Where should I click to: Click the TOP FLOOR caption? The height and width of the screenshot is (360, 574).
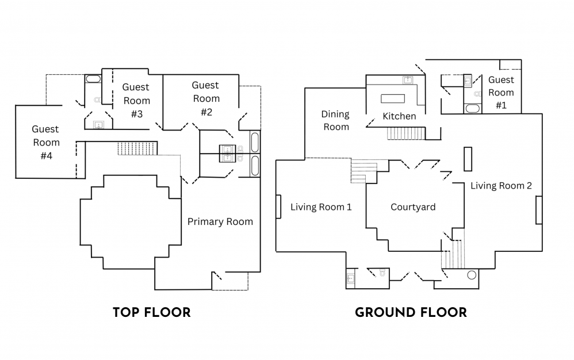click(x=151, y=312)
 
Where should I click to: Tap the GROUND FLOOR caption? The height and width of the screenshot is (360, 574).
click(x=411, y=312)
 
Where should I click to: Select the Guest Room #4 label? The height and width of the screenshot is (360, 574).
click(x=46, y=142)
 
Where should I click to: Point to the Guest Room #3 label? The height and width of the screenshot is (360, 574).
click(x=136, y=100)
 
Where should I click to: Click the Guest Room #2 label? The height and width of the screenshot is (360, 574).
click(x=206, y=98)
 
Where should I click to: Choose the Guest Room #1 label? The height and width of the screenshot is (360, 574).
click(x=501, y=92)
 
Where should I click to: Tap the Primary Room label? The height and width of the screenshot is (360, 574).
click(x=220, y=221)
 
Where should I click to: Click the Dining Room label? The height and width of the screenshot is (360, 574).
click(x=336, y=120)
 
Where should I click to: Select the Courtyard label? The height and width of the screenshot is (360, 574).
click(x=413, y=207)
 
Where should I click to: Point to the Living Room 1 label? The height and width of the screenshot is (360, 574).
click(x=321, y=207)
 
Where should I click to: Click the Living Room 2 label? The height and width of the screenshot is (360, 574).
click(x=501, y=186)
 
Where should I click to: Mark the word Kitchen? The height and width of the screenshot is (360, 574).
click(x=399, y=116)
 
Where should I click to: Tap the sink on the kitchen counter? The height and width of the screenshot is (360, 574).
click(x=408, y=80)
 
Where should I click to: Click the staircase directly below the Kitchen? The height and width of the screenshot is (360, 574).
click(x=405, y=133)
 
